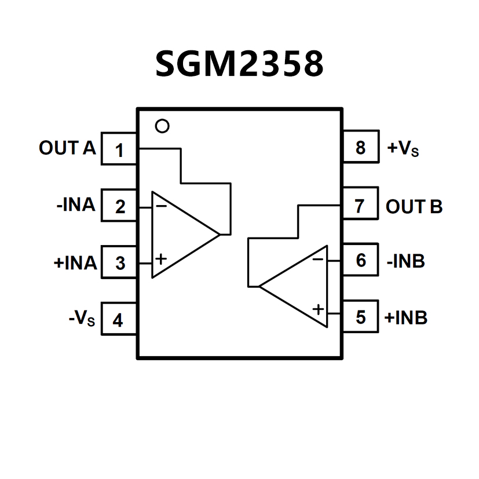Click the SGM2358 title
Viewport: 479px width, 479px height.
click(239, 64)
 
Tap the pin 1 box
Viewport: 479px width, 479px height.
click(119, 150)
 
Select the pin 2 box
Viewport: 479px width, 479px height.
click(119, 206)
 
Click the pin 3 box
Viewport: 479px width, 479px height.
click(119, 262)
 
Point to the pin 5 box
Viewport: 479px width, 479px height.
click(360, 317)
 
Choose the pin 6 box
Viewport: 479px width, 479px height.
click(360, 261)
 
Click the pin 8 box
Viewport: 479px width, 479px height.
click(360, 148)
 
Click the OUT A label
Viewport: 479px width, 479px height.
click(67, 148)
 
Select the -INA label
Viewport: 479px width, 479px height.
click(76, 205)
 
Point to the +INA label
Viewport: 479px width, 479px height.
click(75, 262)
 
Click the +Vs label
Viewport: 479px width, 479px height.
click(403, 148)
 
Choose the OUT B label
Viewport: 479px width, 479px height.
click(414, 206)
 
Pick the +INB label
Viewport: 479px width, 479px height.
click(406, 317)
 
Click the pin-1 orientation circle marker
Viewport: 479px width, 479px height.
click(163, 126)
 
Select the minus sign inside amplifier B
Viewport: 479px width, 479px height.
click(318, 259)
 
